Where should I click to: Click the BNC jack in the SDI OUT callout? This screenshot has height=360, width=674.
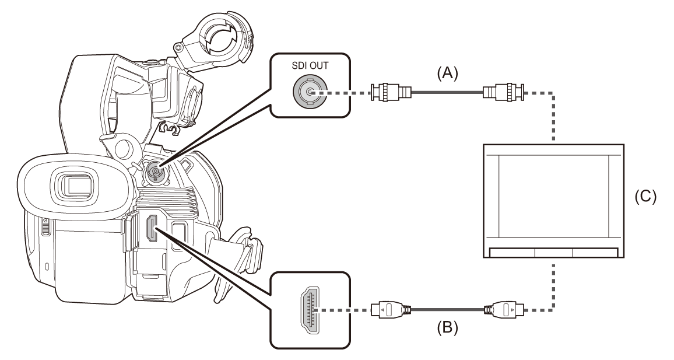point(308,92)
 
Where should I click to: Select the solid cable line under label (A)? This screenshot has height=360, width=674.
point(447,92)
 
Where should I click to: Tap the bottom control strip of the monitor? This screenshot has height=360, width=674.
point(553,253)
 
